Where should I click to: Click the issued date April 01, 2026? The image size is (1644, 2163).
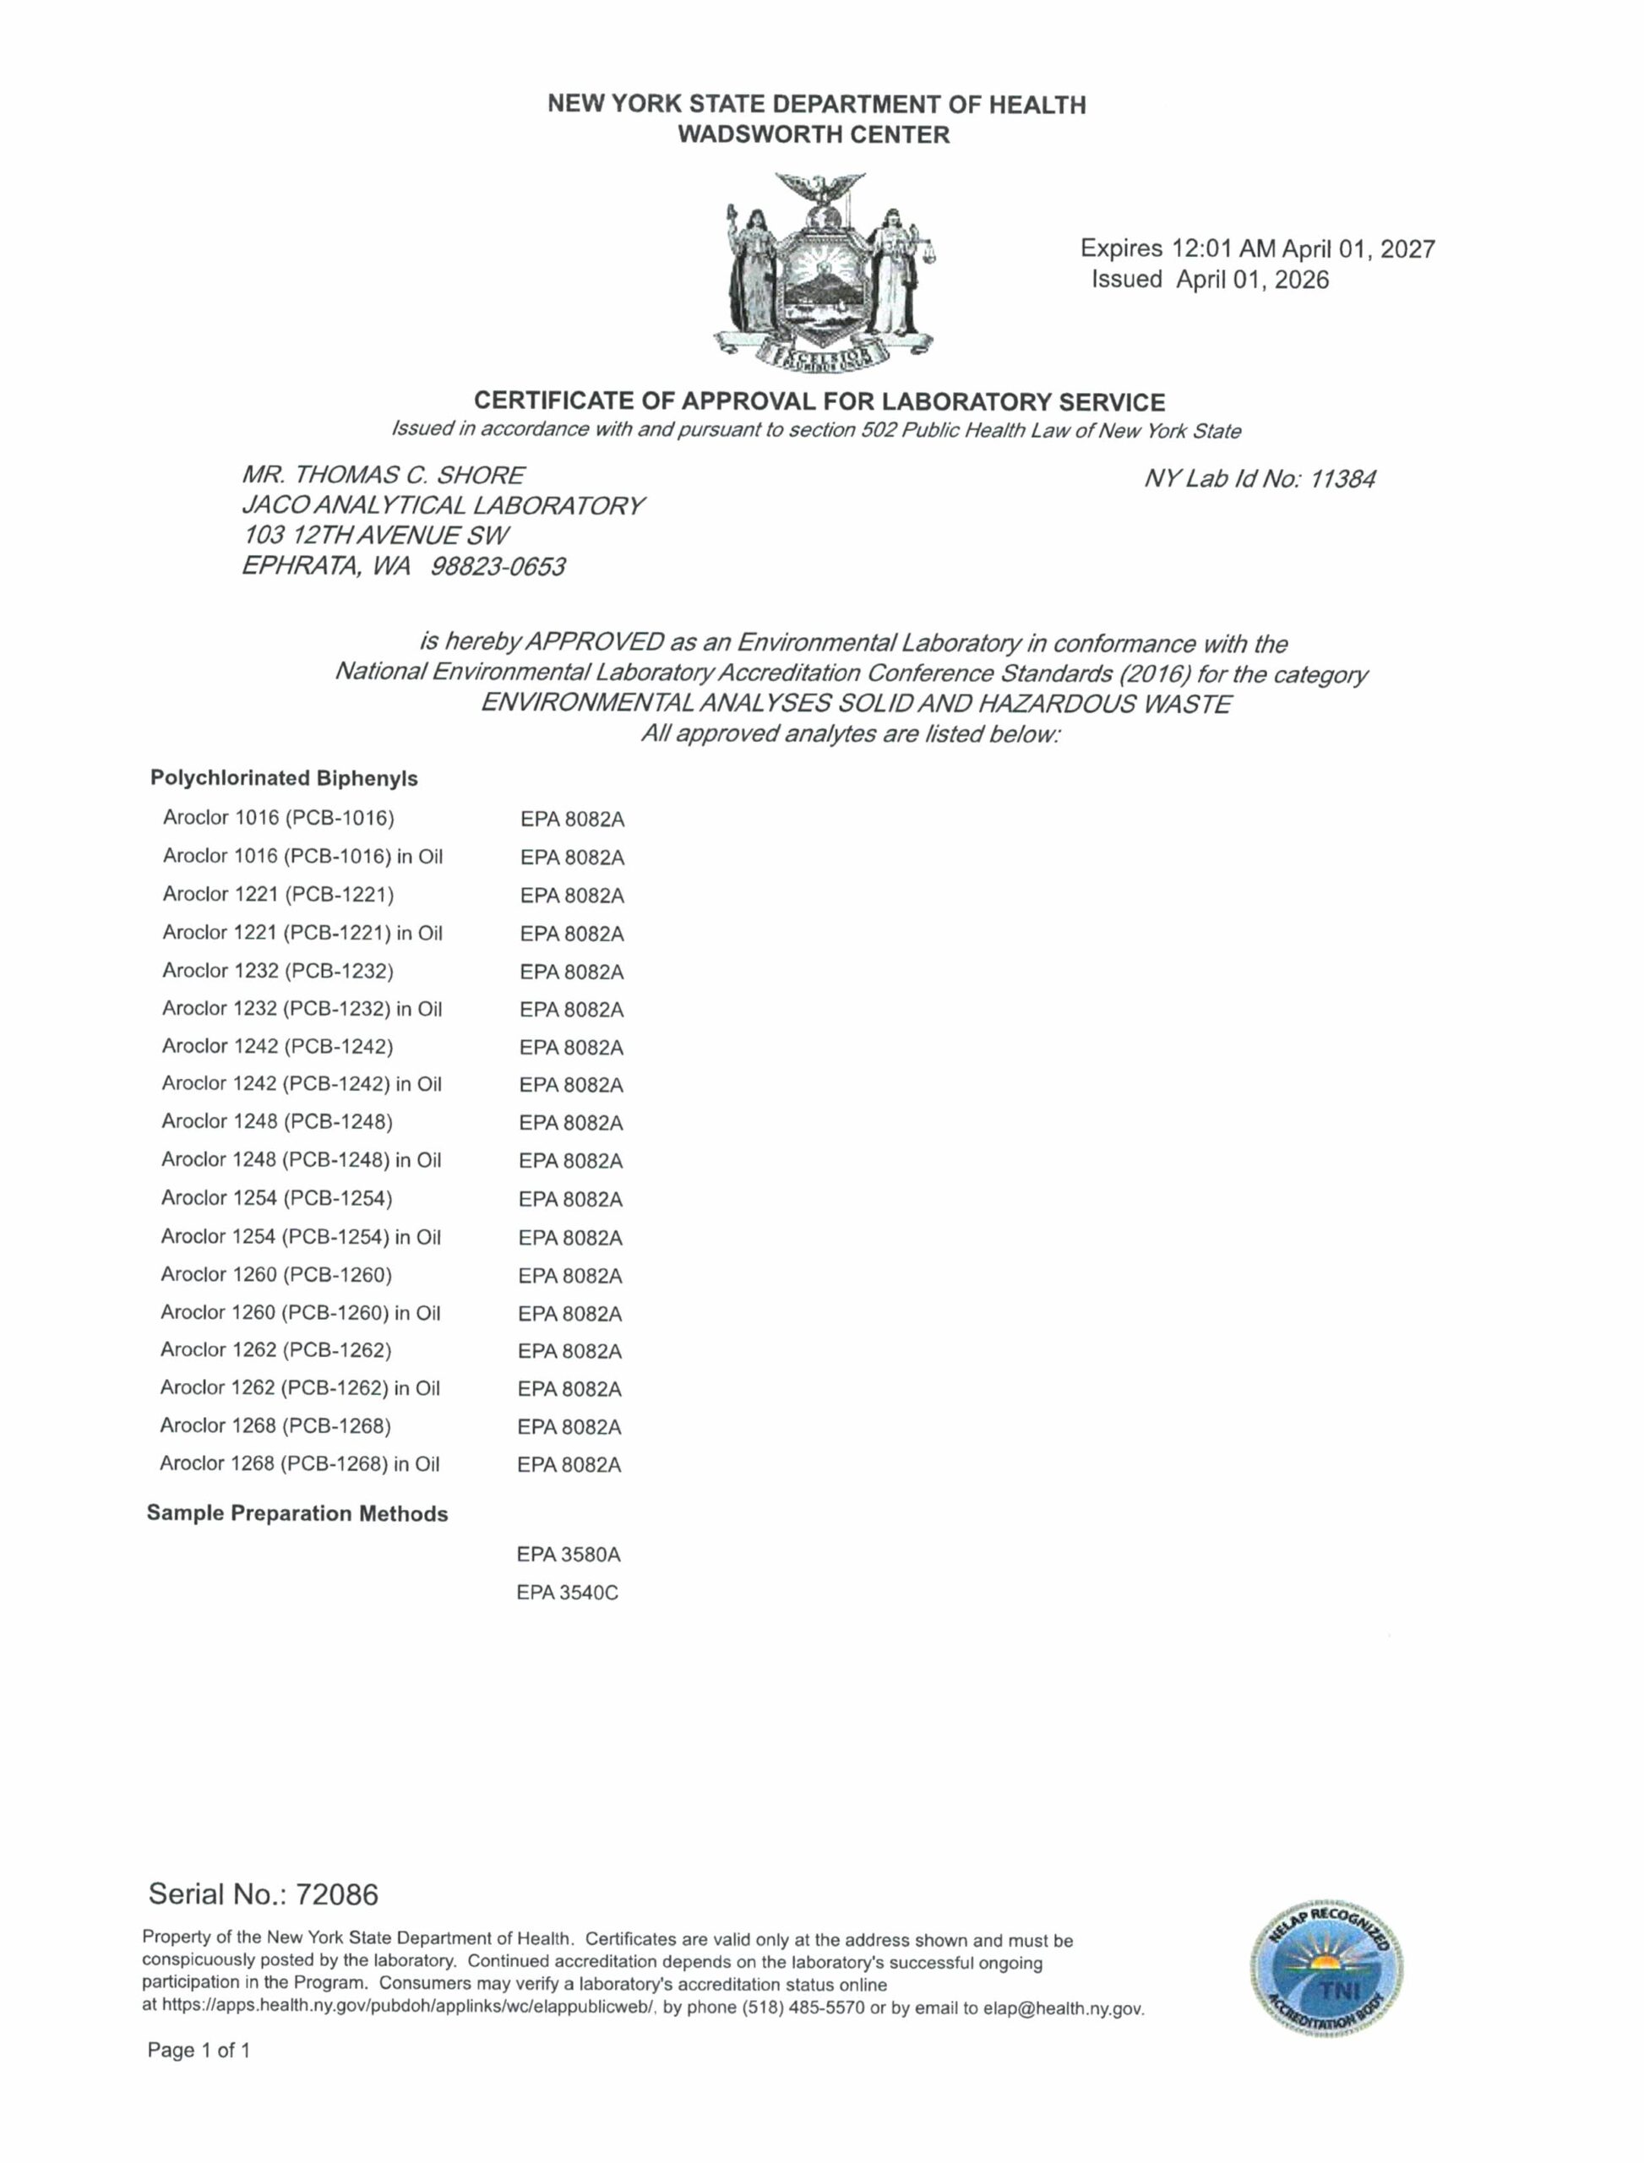tap(1253, 280)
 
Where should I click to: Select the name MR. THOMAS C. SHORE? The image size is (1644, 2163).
tap(383, 476)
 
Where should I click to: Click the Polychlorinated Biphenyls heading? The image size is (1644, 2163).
tap(284, 778)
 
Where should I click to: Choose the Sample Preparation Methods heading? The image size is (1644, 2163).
tap(297, 1513)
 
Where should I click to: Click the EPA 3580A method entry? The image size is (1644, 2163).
tap(569, 1554)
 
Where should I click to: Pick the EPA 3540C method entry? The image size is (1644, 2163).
tap(568, 1593)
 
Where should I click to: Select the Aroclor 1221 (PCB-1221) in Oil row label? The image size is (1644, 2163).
tap(302, 933)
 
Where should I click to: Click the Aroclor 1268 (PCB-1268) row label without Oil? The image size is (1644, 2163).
tap(275, 1425)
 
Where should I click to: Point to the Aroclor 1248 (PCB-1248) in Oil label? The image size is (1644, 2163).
tap(302, 1160)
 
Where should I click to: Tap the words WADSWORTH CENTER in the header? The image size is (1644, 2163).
tap(814, 135)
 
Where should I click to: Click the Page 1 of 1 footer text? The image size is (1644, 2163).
tap(199, 2050)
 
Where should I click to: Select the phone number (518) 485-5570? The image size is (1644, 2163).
tap(803, 2008)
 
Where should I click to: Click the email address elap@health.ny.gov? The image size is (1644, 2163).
tap(1063, 2008)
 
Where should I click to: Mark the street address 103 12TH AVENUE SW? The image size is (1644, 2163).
tap(376, 536)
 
